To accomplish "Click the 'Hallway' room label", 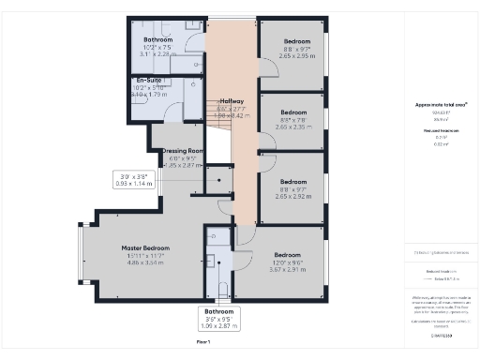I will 231,101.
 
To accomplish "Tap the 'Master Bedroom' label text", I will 144,248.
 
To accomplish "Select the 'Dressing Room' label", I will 182,150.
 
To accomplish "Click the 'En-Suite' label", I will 151,81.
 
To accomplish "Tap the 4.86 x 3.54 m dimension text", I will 144,264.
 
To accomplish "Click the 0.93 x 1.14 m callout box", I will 134,180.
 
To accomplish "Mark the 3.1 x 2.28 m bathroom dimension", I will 157,54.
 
